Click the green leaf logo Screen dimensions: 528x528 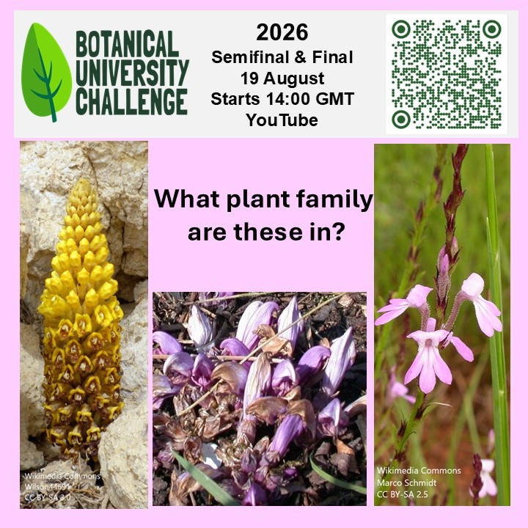coord(46,72)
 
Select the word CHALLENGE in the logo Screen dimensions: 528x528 coord(131,100)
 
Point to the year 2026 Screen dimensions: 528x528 coord(282,33)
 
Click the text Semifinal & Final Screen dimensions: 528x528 coord(282,57)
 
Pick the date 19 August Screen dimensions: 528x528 coord(282,78)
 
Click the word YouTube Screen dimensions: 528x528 coord(282,120)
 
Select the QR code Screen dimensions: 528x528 coord(447,74)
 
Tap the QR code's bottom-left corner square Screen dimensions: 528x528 coord(401,119)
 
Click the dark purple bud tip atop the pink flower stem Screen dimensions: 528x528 coord(461,150)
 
